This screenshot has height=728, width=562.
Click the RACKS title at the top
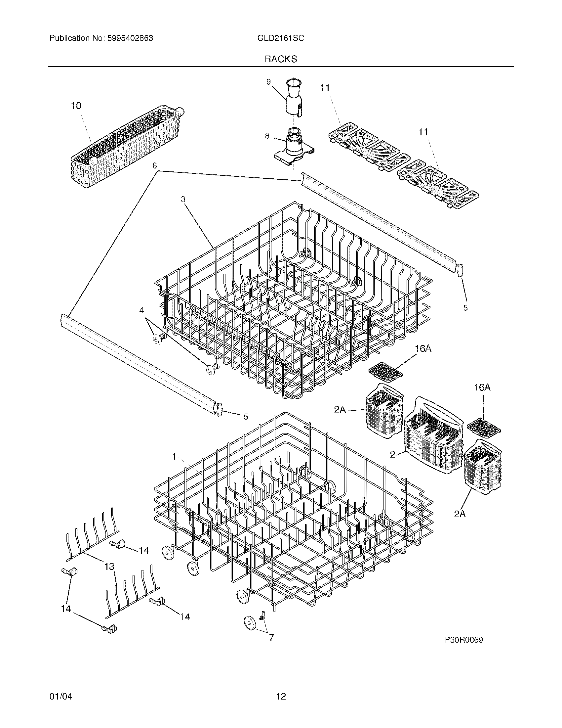[x=281, y=59]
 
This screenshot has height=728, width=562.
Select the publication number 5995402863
[x=130, y=38]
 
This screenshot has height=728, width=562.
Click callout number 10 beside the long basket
[x=76, y=106]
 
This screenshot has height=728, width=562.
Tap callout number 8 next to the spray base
[x=267, y=136]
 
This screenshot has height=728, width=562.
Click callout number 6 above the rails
[x=154, y=166]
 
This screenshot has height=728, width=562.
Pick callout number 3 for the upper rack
[x=183, y=199]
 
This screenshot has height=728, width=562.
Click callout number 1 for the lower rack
[x=174, y=457]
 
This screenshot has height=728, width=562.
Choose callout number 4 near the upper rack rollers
[x=141, y=310]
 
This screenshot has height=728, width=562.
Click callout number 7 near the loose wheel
[x=271, y=637]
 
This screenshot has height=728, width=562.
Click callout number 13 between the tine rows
[x=109, y=566]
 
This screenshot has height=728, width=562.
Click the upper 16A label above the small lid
[x=423, y=349]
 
